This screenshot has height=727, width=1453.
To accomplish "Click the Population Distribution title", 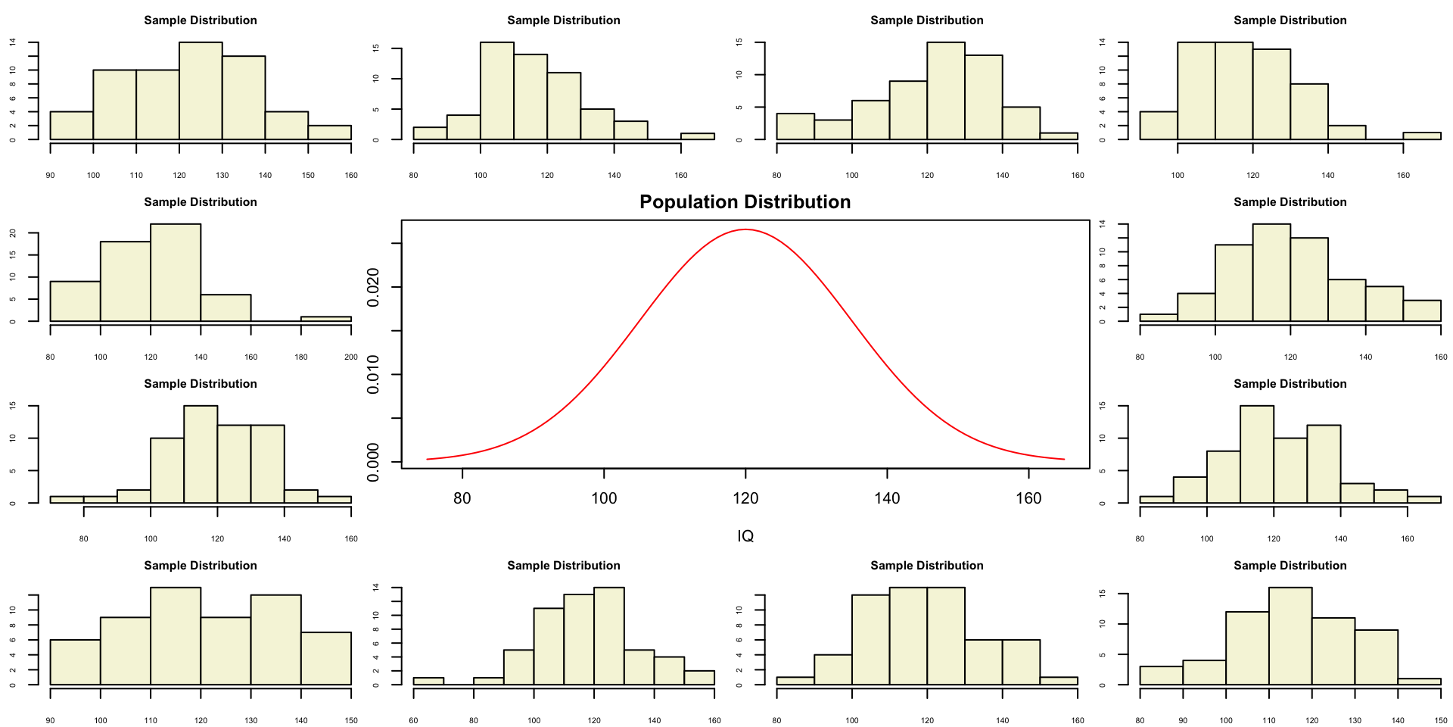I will pos(745,202).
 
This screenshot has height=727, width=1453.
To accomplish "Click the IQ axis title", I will pos(745,536).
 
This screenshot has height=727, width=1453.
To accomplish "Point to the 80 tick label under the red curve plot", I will pos(462,498).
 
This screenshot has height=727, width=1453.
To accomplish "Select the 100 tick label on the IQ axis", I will pos(604,498).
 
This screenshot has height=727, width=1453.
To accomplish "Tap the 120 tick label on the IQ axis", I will pos(745,498).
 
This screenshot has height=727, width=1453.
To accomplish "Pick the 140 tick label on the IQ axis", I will pos(887,498).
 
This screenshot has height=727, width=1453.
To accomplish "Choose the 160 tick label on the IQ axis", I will pos(1028,498).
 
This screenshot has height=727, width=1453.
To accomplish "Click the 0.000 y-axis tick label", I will pos(373,462).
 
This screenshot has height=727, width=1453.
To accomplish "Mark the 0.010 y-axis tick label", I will pos(373,375).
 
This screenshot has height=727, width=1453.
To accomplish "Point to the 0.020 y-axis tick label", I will pos(373,288).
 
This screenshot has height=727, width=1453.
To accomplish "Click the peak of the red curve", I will pos(745,229).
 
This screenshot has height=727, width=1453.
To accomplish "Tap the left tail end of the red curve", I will pos(428,459).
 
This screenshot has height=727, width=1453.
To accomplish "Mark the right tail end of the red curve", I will pos(1063,459).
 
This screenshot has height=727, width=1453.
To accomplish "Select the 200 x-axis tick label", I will pos(351,357).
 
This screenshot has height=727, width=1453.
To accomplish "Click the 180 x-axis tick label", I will pos(301,357).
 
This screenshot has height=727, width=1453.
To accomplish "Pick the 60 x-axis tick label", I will pos(413,720).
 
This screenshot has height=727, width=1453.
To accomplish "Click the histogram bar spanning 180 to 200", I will pos(326,319).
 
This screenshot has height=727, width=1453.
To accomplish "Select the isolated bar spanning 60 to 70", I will pos(428,681).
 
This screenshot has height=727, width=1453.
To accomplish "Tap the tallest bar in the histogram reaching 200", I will pos(176,273).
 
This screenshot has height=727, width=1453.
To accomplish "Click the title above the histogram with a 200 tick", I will pos(201,202).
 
